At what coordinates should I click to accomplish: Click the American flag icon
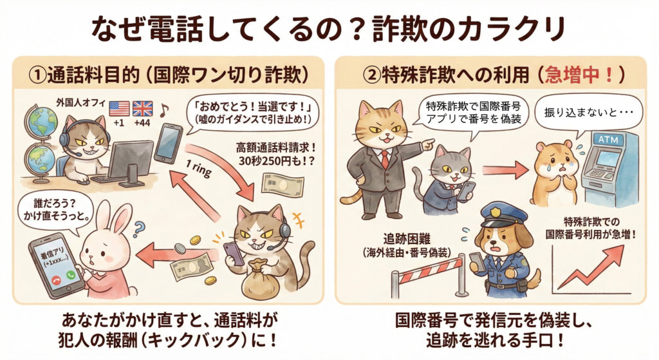(119, 108)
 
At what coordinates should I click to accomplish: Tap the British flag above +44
(142, 108)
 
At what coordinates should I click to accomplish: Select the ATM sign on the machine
(608, 139)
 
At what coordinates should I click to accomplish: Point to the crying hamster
(554, 173)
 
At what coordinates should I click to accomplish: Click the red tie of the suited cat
(384, 158)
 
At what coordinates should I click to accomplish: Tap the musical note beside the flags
(163, 110)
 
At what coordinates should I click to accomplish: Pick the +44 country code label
(142, 123)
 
